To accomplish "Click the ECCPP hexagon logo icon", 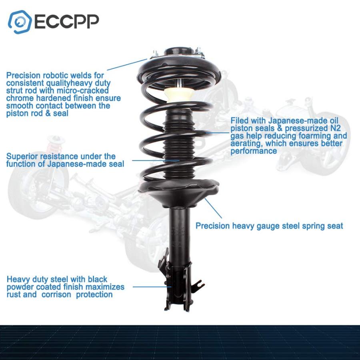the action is [x=20, y=22].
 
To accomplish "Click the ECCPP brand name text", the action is [x=67, y=22].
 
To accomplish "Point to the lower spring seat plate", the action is [x=179, y=192].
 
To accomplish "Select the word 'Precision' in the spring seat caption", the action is [x=213, y=226].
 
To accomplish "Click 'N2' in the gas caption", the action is [x=336, y=128].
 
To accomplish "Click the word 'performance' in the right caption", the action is [x=254, y=151].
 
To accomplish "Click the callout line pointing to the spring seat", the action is [x=213, y=208].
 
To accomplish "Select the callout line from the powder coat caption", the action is [x=152, y=287].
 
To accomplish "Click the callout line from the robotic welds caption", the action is [x=127, y=64].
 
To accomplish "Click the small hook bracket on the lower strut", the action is [x=198, y=285].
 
